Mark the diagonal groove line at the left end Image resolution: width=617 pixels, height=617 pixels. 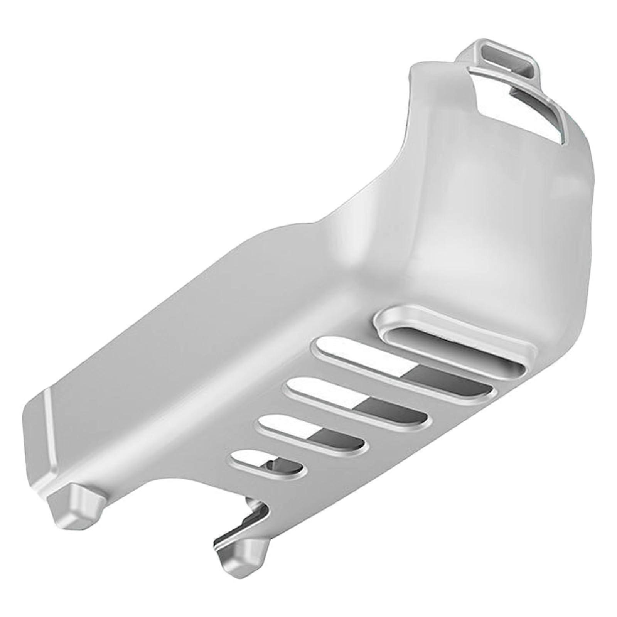tap(48, 432)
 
